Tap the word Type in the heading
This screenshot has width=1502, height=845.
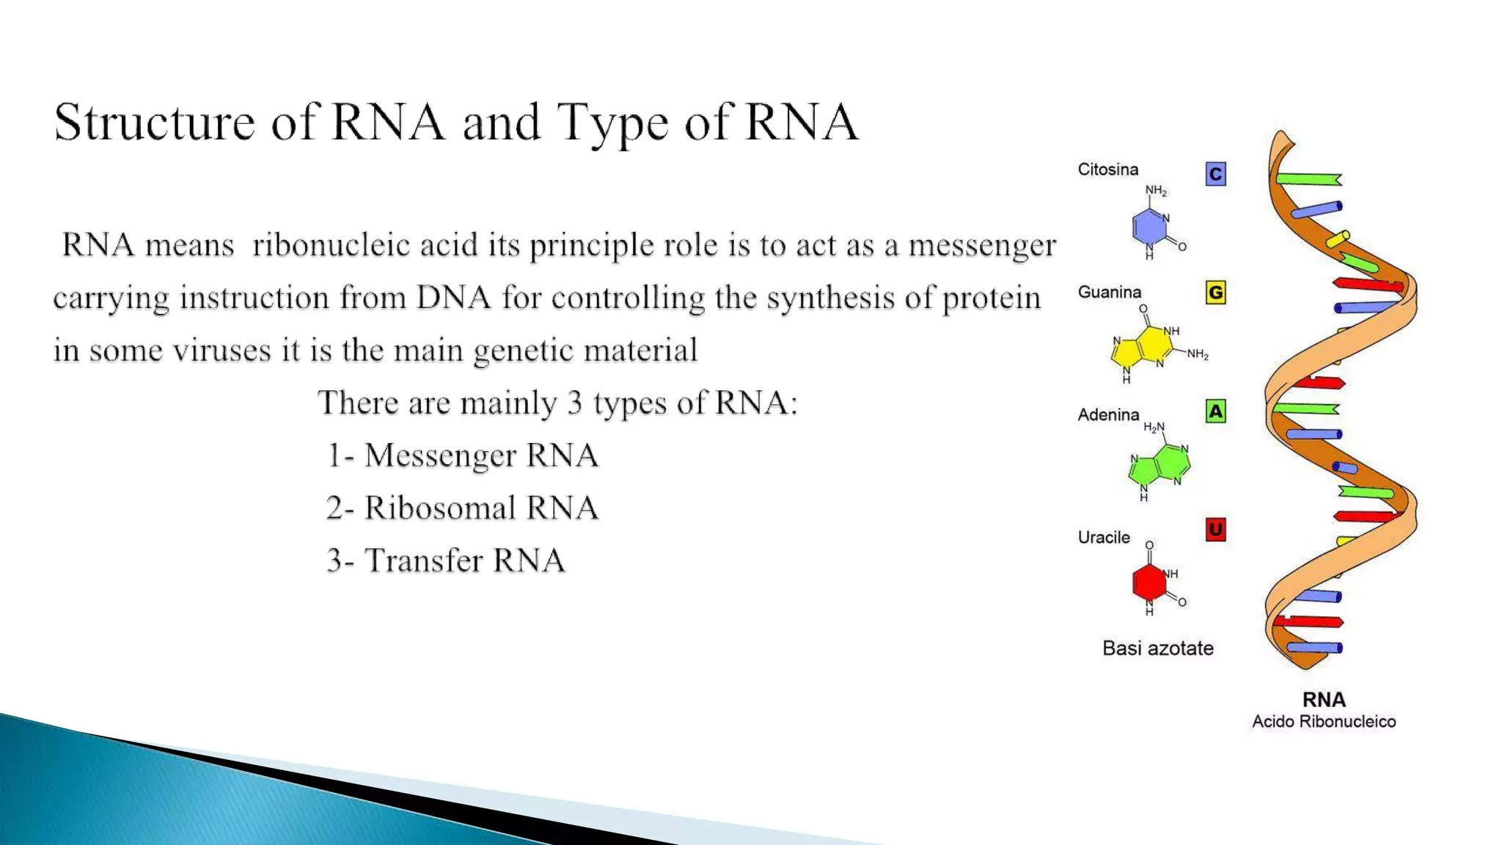(612, 123)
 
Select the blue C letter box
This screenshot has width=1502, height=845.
(1215, 174)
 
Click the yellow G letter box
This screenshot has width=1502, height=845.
(1215, 293)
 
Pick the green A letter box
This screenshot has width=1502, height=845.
(1215, 411)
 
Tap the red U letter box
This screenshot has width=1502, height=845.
(1215, 530)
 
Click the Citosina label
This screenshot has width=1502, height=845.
(1107, 169)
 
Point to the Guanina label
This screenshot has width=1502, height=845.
(1109, 292)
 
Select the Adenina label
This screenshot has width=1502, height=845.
(1108, 414)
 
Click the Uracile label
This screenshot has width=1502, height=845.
(1103, 537)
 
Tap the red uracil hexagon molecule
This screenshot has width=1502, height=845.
(1149, 582)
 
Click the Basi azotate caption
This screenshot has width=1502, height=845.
(1157, 648)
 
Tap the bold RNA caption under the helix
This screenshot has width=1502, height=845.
(1323, 699)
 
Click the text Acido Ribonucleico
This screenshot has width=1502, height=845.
(1323, 721)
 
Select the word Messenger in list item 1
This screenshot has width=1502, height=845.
(440, 456)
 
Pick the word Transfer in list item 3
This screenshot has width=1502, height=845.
(423, 560)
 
